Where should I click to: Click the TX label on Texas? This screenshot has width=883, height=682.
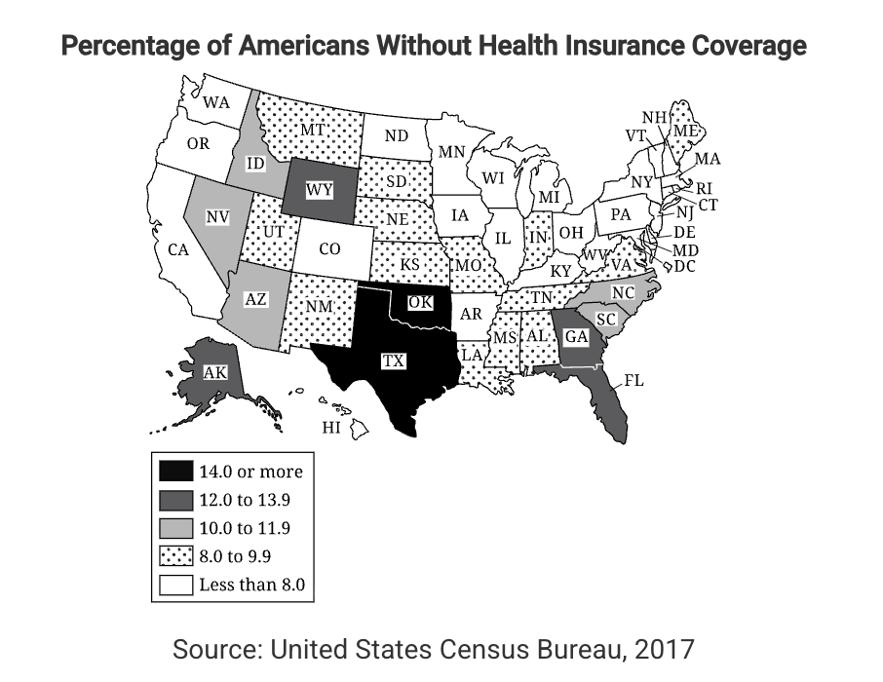click(x=393, y=361)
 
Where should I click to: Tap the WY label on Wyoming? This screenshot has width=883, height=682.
click(x=318, y=191)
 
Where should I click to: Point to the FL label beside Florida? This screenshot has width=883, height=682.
click(x=633, y=381)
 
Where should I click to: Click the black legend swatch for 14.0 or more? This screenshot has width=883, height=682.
click(x=175, y=472)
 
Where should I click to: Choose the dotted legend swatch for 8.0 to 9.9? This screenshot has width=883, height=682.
click(x=175, y=557)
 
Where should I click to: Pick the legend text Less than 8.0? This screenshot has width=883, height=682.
click(x=252, y=586)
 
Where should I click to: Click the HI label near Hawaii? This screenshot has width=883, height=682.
click(x=331, y=427)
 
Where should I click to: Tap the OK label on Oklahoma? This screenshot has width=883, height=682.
click(x=420, y=303)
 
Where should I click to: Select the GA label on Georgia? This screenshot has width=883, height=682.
click(x=575, y=337)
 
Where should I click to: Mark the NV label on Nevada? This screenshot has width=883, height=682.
click(x=216, y=216)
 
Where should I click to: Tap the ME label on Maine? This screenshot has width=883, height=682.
click(x=685, y=131)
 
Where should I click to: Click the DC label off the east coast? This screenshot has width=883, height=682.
click(x=684, y=265)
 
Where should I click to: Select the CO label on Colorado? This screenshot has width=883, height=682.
click(x=329, y=249)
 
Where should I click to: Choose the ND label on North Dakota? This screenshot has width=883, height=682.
click(x=396, y=136)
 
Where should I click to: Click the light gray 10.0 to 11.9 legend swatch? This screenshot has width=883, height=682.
click(x=175, y=529)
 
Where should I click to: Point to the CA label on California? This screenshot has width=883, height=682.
click(x=177, y=250)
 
